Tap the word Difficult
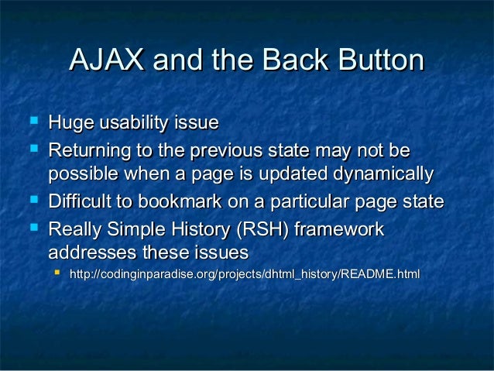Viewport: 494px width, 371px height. pyautogui.click(x=81, y=202)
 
